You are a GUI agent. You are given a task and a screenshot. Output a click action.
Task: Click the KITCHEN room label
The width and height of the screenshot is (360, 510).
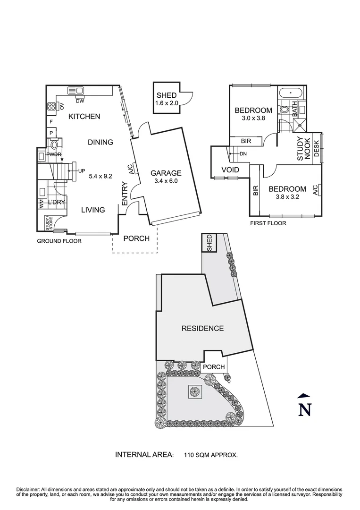(x=84, y=116)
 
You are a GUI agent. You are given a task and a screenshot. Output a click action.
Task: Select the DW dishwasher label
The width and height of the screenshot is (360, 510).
(x=80, y=101)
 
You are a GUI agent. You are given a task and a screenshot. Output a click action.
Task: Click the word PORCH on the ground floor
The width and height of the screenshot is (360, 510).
(x=136, y=238)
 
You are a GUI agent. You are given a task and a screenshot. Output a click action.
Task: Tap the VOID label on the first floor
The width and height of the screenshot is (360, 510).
(x=230, y=170)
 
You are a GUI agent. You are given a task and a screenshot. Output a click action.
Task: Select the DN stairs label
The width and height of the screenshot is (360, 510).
(x=243, y=153)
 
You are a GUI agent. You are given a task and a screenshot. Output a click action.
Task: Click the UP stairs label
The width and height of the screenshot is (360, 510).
(x=82, y=170)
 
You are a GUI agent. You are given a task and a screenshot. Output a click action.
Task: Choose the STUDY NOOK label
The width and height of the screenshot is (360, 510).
(x=304, y=148)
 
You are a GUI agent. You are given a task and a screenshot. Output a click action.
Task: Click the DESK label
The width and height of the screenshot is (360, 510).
(x=317, y=149)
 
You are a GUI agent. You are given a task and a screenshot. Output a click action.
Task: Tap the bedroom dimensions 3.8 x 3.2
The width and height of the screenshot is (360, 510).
(x=287, y=197)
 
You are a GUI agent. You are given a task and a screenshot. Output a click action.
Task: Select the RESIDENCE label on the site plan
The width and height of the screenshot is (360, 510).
(x=202, y=328)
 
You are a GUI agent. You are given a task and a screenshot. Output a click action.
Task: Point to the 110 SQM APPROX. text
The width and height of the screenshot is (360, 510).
(x=211, y=455)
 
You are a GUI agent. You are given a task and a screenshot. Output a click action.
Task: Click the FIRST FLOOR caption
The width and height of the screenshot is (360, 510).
(x=268, y=223)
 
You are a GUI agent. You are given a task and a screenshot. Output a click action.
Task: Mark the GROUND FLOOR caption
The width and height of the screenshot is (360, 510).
(x=59, y=241)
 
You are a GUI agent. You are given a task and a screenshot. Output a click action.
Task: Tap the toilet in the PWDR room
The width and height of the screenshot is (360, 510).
(x=55, y=145)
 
